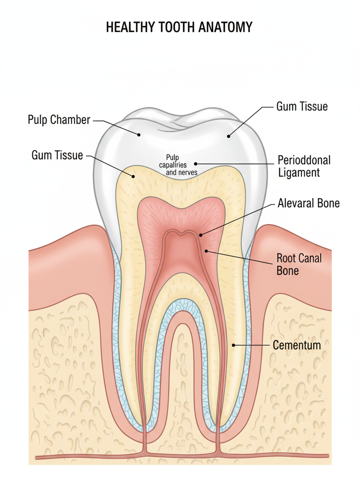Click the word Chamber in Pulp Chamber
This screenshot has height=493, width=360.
(x=70, y=120)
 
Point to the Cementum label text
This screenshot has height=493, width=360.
(x=297, y=345)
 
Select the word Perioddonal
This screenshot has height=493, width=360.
(x=304, y=160)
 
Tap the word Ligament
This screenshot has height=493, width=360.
(x=299, y=172)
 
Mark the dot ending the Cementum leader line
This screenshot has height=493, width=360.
(x=234, y=345)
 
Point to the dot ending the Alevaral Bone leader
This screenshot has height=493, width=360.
(x=200, y=236)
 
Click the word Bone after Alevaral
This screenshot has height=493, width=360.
(x=328, y=204)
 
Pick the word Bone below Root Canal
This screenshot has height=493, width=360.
(x=287, y=271)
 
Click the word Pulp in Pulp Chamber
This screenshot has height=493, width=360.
(x=37, y=120)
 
